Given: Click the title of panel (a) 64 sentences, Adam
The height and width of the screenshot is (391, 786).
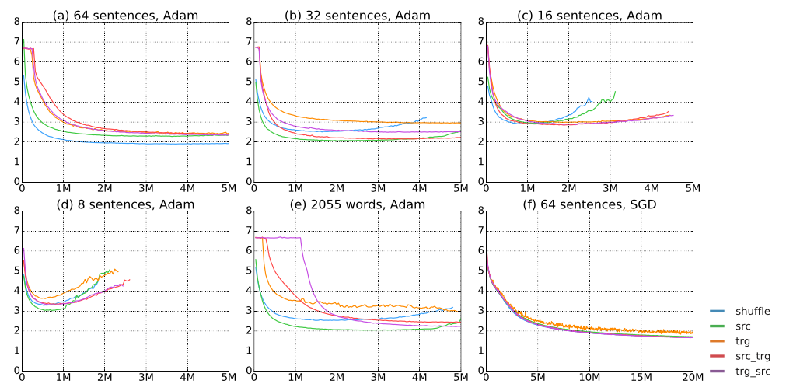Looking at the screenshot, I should (124, 15).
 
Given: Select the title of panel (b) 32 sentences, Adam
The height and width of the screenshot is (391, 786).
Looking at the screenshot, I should (356, 15).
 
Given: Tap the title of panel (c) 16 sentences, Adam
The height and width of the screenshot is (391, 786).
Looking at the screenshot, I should (589, 15).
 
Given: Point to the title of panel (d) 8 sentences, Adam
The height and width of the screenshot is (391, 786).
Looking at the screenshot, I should (124, 204).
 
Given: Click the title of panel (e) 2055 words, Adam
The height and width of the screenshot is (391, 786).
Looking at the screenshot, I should (356, 204).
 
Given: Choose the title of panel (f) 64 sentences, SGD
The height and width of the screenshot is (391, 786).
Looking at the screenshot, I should (589, 204).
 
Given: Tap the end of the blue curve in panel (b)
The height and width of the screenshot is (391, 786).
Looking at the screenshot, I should (426, 117).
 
